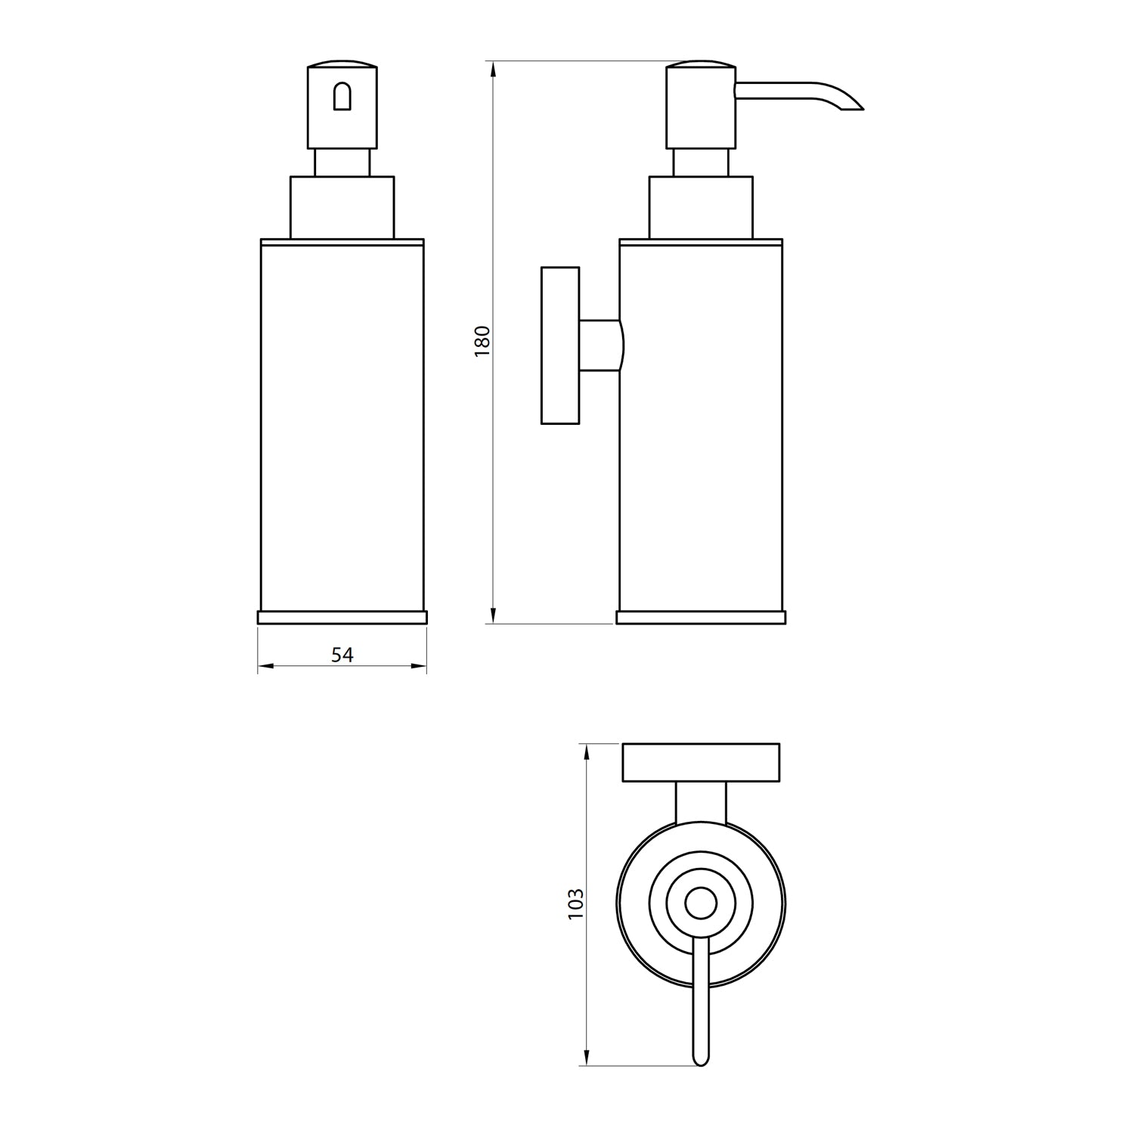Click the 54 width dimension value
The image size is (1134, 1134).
342,655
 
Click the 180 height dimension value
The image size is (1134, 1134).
482,341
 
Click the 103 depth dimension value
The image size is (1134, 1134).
575,903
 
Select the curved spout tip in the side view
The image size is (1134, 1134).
850,104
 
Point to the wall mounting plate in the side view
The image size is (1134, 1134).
560,345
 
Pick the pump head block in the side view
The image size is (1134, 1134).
700,107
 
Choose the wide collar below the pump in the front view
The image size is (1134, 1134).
342,207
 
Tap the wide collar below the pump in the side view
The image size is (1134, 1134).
701,207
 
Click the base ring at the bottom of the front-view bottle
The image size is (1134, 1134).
342,617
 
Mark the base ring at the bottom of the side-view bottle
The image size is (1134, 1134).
701,617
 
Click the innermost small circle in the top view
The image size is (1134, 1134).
701,903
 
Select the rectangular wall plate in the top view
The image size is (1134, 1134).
701,763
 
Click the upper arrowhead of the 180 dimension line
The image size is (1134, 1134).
493,70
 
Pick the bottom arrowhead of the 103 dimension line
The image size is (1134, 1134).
586,1058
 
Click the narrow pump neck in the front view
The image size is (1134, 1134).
342,163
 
